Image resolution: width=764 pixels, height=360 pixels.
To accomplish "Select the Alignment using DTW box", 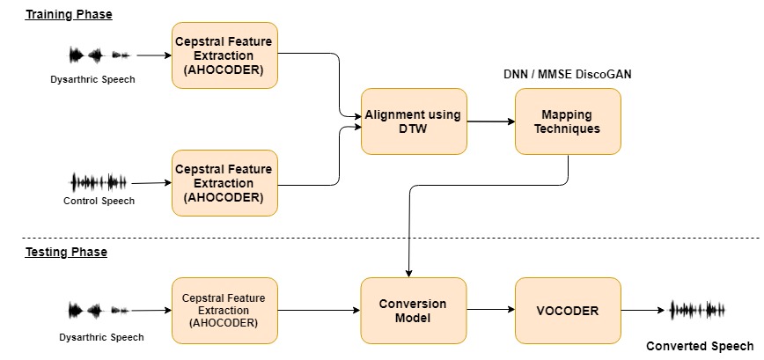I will [x=414, y=122].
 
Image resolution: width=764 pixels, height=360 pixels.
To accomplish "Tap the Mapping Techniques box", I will [x=568, y=122].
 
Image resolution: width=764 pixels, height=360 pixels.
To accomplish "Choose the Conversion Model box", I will [x=414, y=311].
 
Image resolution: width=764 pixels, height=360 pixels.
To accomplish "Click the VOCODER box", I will [x=568, y=311].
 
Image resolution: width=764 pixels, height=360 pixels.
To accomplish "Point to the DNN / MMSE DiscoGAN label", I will [x=567, y=74].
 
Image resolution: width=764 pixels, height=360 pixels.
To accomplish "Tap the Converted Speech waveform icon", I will [x=698, y=310].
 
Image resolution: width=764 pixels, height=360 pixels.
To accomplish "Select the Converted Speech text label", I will [x=700, y=346].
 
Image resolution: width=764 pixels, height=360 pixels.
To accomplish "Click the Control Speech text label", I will [x=99, y=201].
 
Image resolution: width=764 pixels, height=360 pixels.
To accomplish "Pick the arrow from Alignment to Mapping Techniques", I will [x=490, y=122].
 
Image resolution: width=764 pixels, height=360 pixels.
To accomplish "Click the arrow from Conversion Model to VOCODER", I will [x=490, y=311].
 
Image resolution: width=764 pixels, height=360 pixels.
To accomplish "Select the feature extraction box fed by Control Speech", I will [x=224, y=183].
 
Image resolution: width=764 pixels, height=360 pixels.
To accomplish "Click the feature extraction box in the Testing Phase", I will [x=224, y=311].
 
